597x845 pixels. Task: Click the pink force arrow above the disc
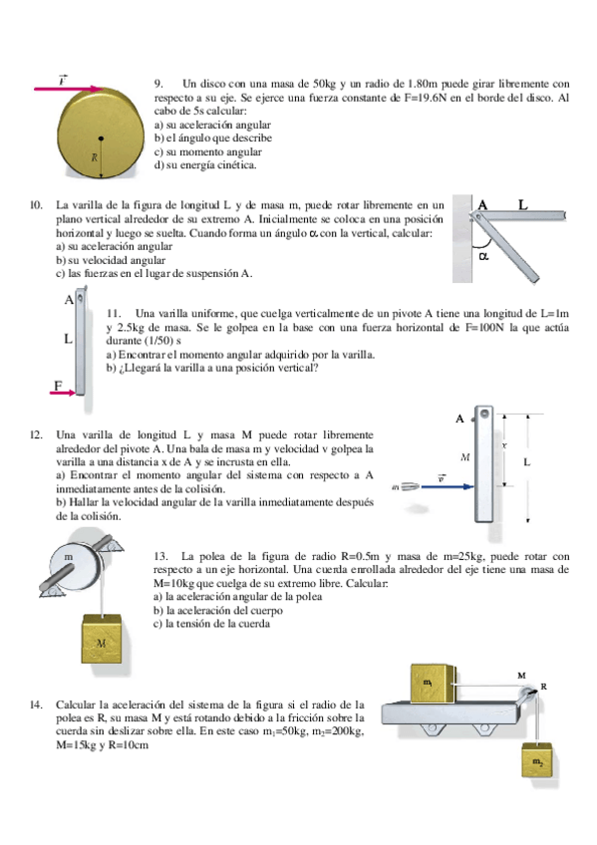point(69,89)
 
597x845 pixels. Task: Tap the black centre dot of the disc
point(101,138)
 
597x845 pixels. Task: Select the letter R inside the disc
point(95,157)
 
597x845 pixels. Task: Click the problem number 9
point(158,84)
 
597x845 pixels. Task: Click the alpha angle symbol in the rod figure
point(483,257)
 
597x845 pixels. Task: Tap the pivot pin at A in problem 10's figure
point(475,216)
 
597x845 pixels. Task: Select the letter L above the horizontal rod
point(522,204)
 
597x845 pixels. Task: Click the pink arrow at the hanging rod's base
point(63,393)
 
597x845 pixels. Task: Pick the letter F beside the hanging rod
point(58,385)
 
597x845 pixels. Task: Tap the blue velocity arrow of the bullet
point(448,486)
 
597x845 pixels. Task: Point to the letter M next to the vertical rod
point(465,457)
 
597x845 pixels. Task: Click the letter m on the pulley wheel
point(69,557)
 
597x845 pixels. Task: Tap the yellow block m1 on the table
point(433,684)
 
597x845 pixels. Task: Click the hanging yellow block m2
point(536,759)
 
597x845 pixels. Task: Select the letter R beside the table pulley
point(544,687)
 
